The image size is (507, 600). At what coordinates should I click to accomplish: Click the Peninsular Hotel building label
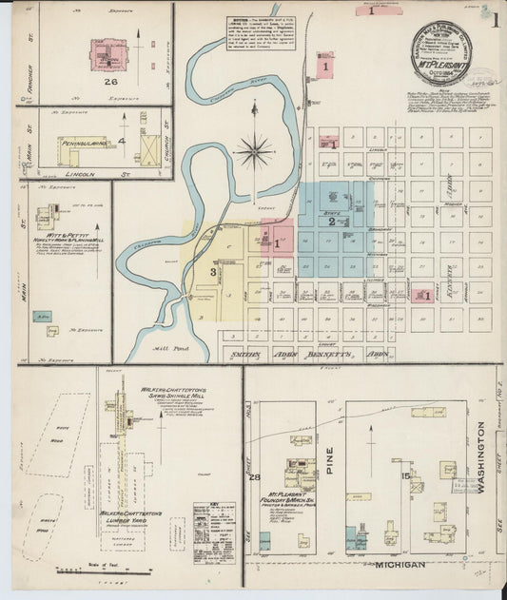coord(85,143)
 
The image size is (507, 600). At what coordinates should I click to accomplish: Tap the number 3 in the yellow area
coord(214,273)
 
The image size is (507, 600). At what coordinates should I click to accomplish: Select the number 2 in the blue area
coord(332,222)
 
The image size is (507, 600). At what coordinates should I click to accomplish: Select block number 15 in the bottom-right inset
coord(406,475)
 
